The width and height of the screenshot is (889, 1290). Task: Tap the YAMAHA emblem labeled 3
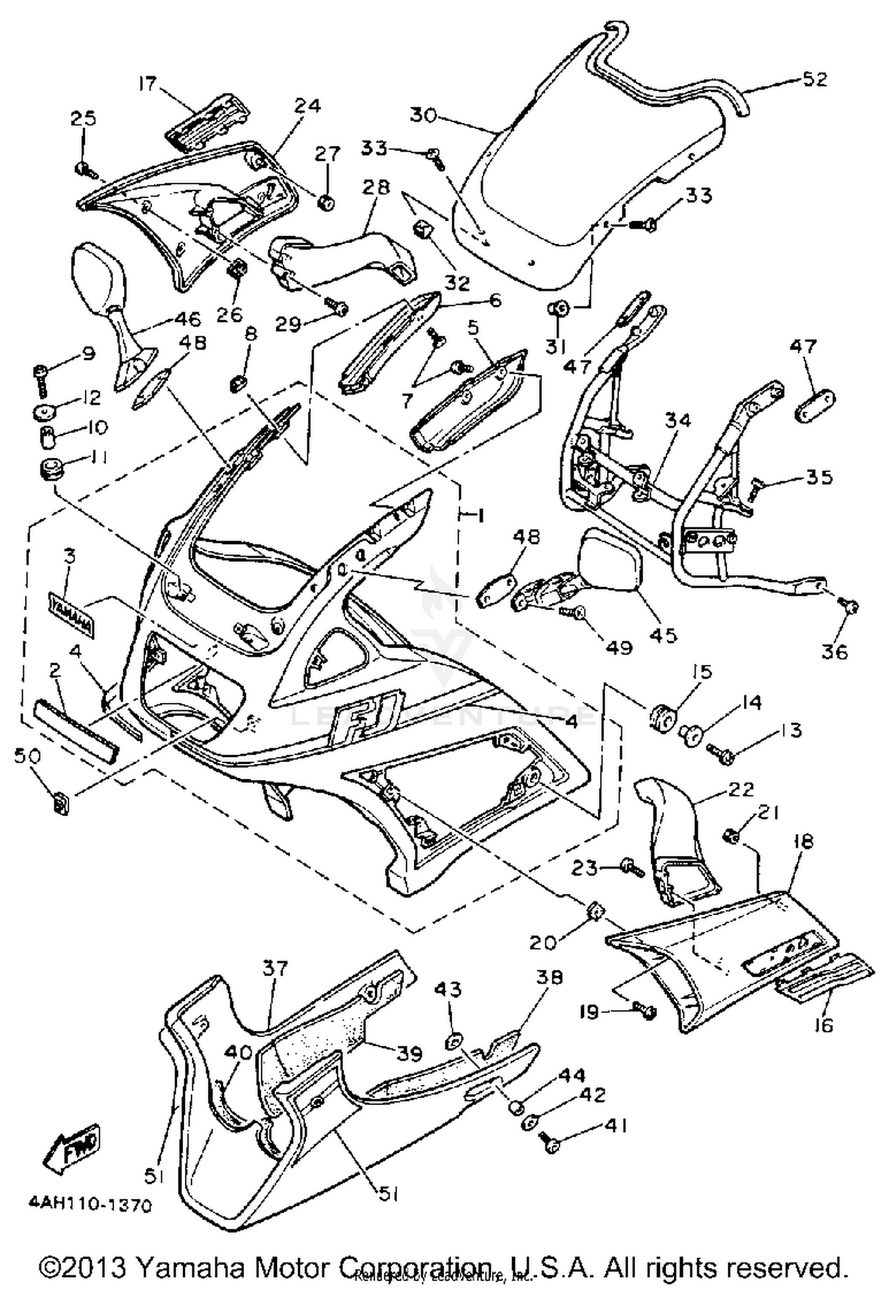tap(71, 616)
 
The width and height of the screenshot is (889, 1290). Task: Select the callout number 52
tap(814, 79)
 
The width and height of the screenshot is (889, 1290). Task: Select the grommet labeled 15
tap(661, 719)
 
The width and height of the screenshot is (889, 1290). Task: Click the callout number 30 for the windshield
tap(423, 114)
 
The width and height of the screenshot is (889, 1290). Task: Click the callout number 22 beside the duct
tap(740, 789)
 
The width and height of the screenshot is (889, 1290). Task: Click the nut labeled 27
tap(325, 203)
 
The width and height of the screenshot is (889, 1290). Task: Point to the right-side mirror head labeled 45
tap(612, 560)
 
